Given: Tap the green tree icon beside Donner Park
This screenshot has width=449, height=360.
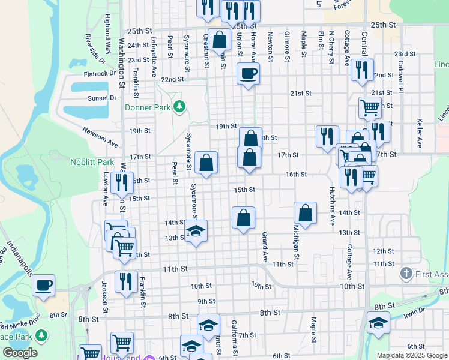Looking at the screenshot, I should [178, 107].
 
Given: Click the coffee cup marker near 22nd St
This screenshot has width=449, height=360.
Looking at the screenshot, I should [249, 74].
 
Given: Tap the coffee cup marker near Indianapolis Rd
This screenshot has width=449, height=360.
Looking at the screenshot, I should [43, 286].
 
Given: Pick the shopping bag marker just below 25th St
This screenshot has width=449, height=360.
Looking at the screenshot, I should [220, 40].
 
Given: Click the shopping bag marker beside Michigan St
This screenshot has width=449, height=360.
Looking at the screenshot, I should [305, 213].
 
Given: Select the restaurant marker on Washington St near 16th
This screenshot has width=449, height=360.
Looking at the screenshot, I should [122, 182].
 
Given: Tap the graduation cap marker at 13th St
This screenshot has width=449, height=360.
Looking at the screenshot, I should [196, 232].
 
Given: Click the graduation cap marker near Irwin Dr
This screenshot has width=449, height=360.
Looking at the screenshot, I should [378, 324].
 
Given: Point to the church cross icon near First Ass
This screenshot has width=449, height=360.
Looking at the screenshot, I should [407, 274].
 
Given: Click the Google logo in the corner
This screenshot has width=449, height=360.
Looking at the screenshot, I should [20, 353].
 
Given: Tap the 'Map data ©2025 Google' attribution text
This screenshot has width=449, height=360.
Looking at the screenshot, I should [412, 355].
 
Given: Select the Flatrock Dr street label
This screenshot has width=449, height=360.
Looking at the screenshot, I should [100, 74].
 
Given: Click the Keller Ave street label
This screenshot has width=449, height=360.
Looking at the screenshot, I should [419, 133].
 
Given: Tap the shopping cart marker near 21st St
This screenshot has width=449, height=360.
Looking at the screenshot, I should [370, 108].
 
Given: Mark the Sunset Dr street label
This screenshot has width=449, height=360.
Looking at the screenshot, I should [102, 98].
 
